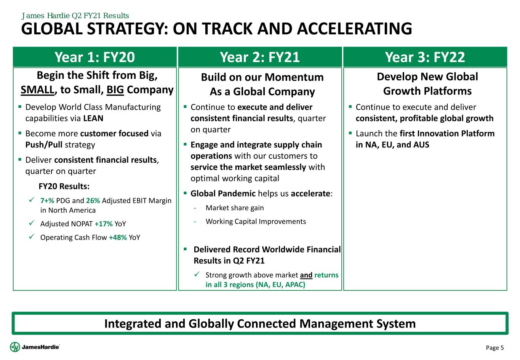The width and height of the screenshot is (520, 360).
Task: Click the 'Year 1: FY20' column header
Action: point(95,57)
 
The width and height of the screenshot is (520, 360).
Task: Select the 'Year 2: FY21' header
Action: point(260,57)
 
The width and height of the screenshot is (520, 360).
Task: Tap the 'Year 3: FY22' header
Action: point(425,57)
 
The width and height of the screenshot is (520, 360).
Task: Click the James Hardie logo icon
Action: point(15,347)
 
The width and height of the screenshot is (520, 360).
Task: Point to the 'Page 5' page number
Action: point(495,347)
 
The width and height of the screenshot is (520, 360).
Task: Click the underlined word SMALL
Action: point(37,90)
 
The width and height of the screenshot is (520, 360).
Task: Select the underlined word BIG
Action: point(115,90)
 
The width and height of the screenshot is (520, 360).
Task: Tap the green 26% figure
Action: point(93,200)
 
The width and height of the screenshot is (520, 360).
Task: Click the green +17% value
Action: point(104,224)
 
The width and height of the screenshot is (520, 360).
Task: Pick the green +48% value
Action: point(118,237)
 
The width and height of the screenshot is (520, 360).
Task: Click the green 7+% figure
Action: point(47,200)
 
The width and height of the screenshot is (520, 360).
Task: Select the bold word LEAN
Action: point(93,118)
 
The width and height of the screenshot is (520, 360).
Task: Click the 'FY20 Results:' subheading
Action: point(64,186)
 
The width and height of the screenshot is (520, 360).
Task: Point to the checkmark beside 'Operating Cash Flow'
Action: point(32,237)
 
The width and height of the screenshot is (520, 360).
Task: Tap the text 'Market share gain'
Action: point(235,208)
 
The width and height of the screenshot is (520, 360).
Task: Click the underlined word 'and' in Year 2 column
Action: point(306,275)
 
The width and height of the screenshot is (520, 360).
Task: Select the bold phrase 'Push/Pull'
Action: point(44,145)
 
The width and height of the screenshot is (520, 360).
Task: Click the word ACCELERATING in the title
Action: point(355,29)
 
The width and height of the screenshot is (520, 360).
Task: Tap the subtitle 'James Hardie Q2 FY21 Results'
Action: point(75,16)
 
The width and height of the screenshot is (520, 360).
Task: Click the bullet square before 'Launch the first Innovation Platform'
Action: point(350,133)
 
